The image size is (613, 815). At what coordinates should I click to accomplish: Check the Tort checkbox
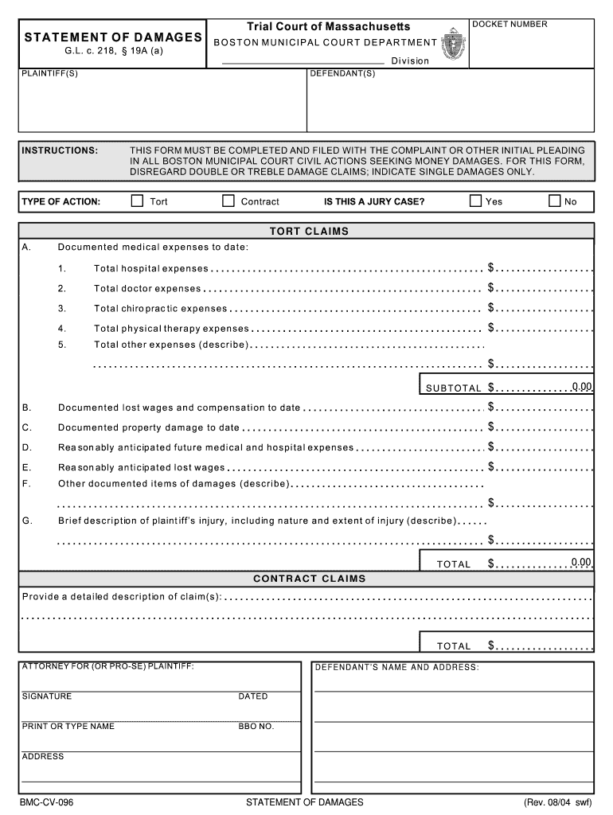click(137, 201)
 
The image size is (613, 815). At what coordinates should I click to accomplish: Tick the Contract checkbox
click(228, 201)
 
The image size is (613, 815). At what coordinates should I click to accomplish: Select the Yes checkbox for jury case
click(475, 201)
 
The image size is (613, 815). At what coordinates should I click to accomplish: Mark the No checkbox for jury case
click(554, 201)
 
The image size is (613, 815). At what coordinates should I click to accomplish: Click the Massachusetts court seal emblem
click(455, 45)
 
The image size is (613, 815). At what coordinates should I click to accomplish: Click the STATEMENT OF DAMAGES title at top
click(112, 37)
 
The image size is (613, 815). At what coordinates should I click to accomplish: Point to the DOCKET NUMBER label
click(510, 25)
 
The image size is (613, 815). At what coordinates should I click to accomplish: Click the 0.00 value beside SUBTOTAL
click(581, 387)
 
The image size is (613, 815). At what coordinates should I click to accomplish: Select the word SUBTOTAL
click(454, 388)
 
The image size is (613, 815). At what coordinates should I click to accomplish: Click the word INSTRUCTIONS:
click(60, 150)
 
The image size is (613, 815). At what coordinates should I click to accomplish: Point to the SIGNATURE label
click(47, 696)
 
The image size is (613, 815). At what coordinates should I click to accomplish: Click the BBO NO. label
click(256, 726)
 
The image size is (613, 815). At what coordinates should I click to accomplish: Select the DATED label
click(253, 696)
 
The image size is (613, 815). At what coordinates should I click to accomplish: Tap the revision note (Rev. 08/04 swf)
click(557, 801)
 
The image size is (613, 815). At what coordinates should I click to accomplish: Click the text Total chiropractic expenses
click(160, 309)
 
